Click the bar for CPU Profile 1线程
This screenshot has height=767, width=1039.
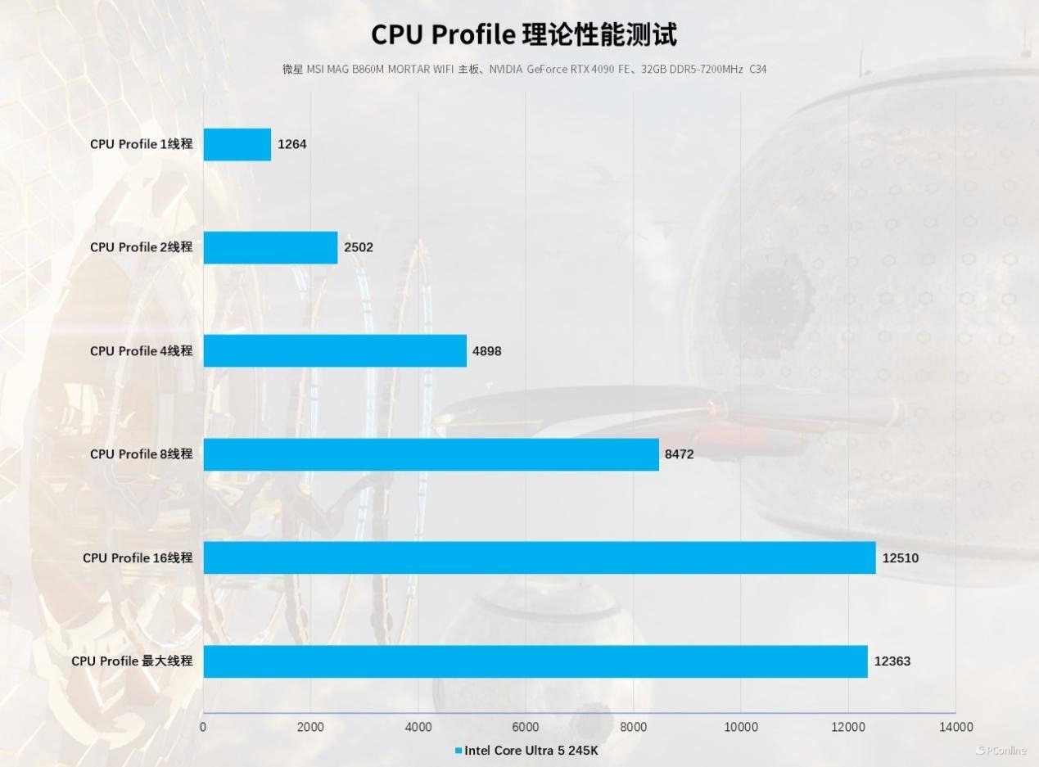237,144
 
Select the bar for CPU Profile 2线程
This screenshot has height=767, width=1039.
270,247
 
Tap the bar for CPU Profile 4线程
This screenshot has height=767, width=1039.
335,350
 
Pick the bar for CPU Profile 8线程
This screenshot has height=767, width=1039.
431,454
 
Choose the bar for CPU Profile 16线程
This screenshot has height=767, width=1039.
539,557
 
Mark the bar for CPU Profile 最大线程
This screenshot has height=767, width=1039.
535,661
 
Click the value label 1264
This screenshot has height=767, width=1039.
292,144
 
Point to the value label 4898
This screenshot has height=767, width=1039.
486,351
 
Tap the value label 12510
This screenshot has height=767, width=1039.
900,558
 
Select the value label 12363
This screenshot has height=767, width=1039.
892,661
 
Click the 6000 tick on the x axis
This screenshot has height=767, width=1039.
526,727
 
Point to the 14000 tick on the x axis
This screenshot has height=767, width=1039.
955,727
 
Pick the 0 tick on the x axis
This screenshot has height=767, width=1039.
203,727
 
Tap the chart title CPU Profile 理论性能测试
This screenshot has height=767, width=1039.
524,34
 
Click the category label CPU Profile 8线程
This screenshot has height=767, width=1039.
141,454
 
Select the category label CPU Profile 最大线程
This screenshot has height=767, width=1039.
132,661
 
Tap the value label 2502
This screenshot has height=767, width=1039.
359,247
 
